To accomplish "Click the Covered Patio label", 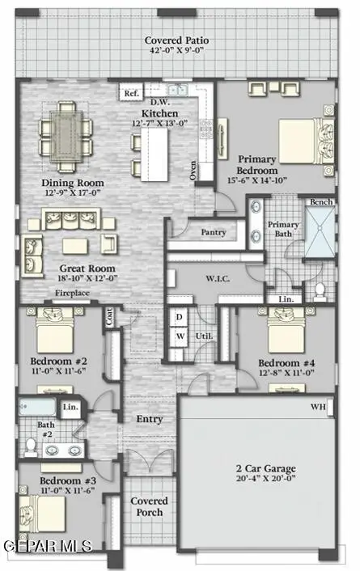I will (180, 40).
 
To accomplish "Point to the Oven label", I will (193, 170).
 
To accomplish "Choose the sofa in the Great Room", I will (72, 219).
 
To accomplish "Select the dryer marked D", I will (180, 315).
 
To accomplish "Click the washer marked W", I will (180, 336).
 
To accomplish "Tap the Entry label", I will (150, 419).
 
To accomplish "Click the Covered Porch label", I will (149, 506).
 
